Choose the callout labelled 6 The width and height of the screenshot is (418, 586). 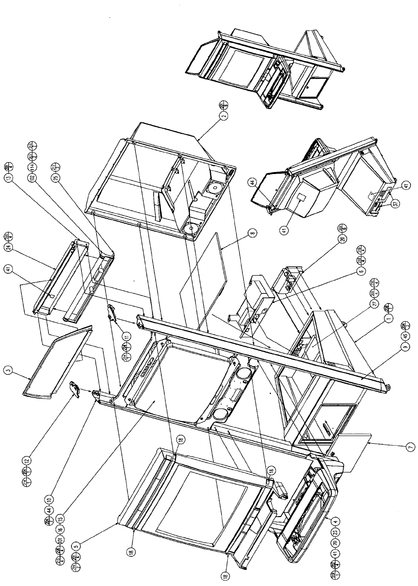pos(360,271)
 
